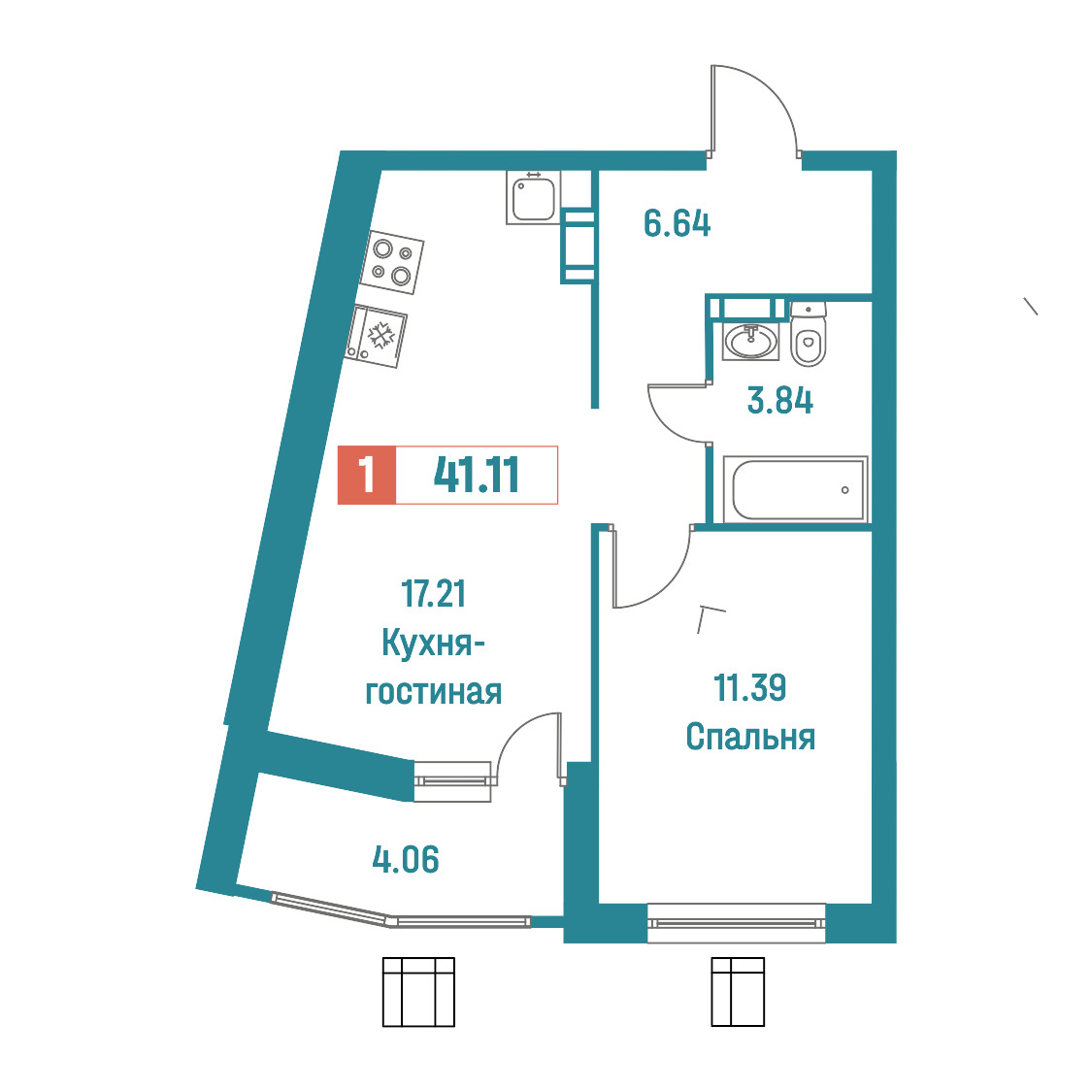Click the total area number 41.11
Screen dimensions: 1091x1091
(x=477, y=476)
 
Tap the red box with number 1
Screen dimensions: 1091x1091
(x=367, y=475)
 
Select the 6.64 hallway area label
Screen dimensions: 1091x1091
(x=677, y=223)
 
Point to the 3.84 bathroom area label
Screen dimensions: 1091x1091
(x=780, y=401)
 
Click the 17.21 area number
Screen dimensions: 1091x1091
(x=434, y=593)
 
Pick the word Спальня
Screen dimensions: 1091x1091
(x=750, y=736)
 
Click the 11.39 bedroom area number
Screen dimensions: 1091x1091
(x=750, y=687)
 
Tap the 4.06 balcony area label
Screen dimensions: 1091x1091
(x=406, y=859)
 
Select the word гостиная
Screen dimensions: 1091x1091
(x=434, y=692)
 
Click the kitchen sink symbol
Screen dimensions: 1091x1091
(x=533, y=197)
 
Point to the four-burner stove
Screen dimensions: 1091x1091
(x=392, y=262)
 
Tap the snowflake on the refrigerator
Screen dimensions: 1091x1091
(x=380, y=336)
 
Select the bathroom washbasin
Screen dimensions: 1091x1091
(x=750, y=342)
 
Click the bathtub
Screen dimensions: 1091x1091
(x=796, y=489)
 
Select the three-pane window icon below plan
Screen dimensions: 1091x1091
(x=419, y=991)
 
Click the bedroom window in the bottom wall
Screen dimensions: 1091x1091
(x=736, y=923)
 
